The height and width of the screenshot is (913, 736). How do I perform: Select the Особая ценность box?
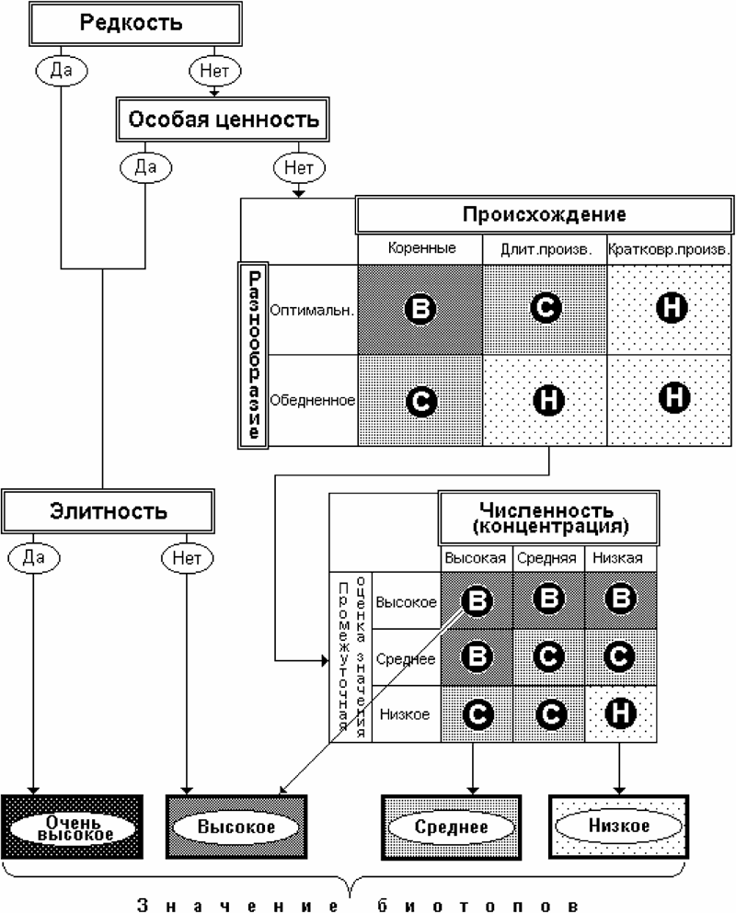(223, 119)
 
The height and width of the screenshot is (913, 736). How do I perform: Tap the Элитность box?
(109, 509)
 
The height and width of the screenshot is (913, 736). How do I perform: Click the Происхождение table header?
(544, 216)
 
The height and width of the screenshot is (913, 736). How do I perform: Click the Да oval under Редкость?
(62, 68)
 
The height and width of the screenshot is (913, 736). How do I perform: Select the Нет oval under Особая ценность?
(297, 167)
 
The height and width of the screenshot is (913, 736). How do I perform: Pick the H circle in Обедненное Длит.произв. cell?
(546, 399)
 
